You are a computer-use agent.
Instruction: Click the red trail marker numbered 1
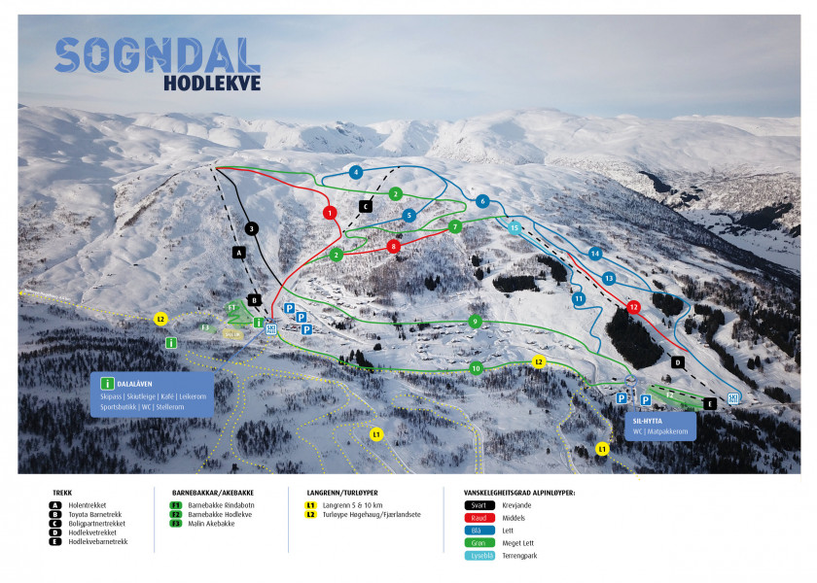[x=330, y=212]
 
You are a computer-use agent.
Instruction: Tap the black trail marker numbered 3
[x=251, y=228]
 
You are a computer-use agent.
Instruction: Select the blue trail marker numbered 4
[x=356, y=172]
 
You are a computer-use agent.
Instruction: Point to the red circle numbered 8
[x=394, y=247]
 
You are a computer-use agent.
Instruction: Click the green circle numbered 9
[x=475, y=321]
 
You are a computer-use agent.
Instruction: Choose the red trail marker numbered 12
[x=634, y=307]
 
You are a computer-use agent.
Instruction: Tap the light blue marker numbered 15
[x=514, y=227]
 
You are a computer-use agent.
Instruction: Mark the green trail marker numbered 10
[x=476, y=368]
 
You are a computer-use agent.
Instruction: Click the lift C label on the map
[x=366, y=206]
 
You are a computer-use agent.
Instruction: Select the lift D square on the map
[x=678, y=361]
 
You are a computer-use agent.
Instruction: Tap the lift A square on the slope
[x=237, y=252]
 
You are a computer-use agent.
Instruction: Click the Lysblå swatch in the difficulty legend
[x=480, y=556]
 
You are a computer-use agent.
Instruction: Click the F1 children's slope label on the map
[x=231, y=306]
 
